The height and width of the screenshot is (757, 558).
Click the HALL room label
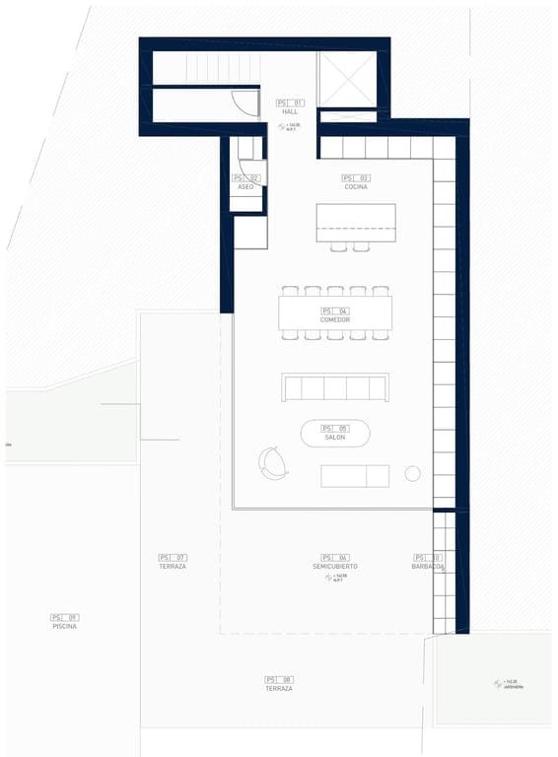290,112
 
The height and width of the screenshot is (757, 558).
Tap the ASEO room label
245,186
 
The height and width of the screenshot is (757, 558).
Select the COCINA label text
356,186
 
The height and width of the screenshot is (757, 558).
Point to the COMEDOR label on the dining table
335,319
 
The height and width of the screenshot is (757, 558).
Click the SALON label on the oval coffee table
335,437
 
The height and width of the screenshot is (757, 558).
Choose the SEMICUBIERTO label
335,567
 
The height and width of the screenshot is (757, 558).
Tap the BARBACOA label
428,567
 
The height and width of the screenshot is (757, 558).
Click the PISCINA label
64,626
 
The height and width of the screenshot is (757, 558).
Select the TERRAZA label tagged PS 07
173,567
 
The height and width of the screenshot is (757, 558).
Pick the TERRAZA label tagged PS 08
279,688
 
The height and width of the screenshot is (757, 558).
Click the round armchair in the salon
272,462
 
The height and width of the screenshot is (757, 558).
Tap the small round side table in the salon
412,474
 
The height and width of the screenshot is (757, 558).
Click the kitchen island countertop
355,222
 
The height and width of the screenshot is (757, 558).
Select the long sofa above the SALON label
335,387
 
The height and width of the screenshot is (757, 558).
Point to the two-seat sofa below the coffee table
355,476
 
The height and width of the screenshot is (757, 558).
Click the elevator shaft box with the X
347,79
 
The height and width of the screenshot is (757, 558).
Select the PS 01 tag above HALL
290,103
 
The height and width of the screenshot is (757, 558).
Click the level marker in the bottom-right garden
501,683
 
